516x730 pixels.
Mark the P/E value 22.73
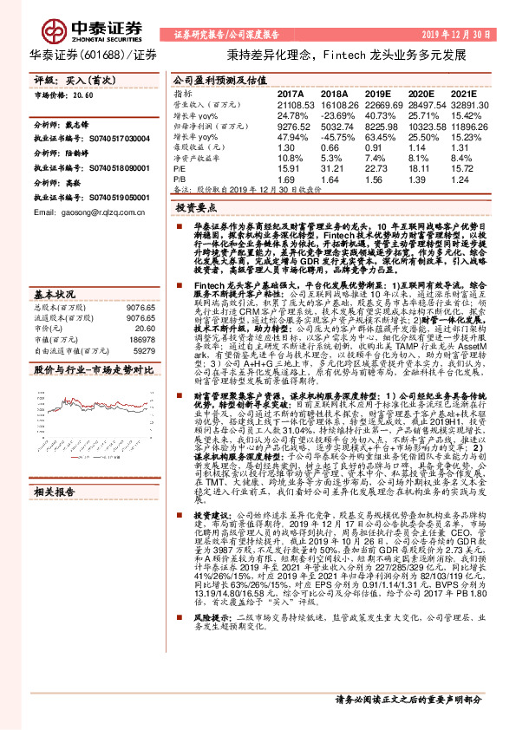click(x=381, y=171)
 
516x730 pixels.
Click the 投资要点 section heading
click(x=195, y=209)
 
